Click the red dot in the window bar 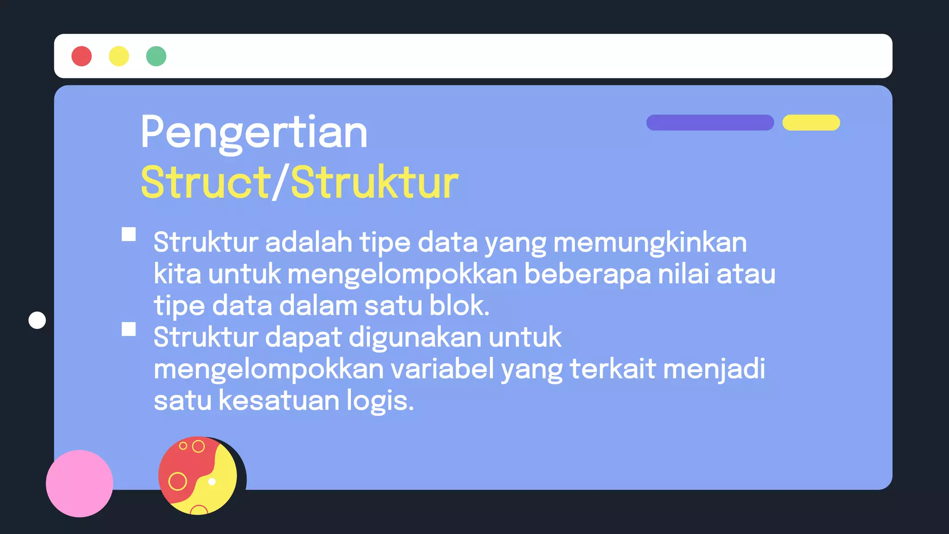pyautogui.click(x=82, y=56)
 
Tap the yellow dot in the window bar pyautogui.click(x=119, y=56)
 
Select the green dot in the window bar pyautogui.click(x=156, y=56)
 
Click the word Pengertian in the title pyautogui.click(x=254, y=133)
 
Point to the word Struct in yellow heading pyautogui.click(x=206, y=182)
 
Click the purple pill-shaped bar pyautogui.click(x=710, y=122)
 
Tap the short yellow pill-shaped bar pyautogui.click(x=811, y=122)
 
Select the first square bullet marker pyautogui.click(x=129, y=234)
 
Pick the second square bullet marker pyautogui.click(x=129, y=329)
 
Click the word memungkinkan pyautogui.click(x=650, y=242)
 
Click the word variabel pyautogui.click(x=442, y=369)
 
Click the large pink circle pyautogui.click(x=79, y=483)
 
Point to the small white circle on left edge pyautogui.click(x=37, y=320)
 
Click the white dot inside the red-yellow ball pyautogui.click(x=212, y=482)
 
